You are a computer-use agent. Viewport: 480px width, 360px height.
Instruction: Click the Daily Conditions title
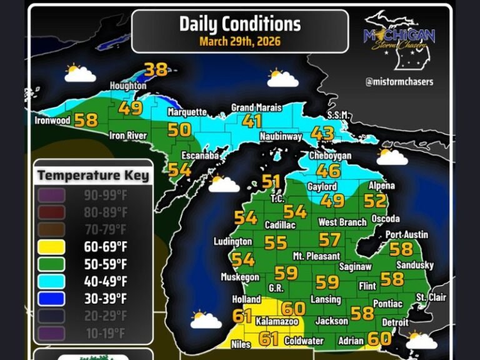(240, 24)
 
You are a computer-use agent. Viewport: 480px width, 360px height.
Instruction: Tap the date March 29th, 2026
(240, 42)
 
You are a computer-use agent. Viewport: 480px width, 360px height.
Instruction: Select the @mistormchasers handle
(400, 81)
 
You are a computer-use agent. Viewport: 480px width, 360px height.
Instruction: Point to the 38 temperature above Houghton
(156, 69)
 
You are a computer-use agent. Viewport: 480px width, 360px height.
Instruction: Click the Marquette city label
(187, 112)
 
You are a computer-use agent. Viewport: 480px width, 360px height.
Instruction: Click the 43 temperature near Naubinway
(322, 134)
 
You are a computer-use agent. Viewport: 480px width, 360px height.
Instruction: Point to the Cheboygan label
(330, 156)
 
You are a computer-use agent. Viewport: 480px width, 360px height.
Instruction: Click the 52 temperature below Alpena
(375, 201)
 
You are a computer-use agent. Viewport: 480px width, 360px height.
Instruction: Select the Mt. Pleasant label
(316, 256)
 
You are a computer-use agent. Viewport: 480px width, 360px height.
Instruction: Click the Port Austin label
(407, 234)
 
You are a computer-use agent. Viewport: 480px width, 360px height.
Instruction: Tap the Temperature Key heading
(93, 175)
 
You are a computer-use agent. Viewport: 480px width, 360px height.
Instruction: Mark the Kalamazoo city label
(274, 321)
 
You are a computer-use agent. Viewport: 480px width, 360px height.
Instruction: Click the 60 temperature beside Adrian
(379, 339)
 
